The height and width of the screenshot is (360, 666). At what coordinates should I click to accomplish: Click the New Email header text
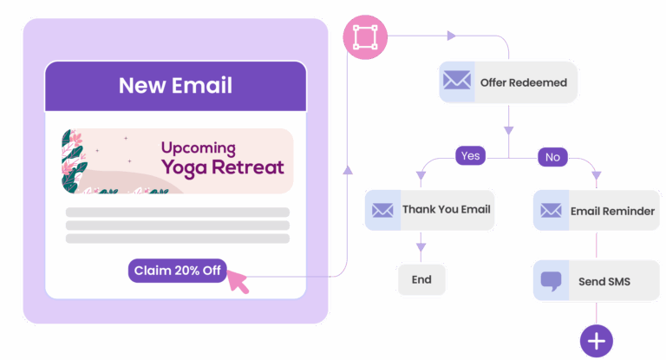coord(175,86)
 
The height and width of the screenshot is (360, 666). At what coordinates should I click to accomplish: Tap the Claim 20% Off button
coord(178,271)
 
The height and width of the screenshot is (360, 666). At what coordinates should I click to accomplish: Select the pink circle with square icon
coord(365,37)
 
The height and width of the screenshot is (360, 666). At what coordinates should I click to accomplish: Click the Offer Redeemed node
coord(507,82)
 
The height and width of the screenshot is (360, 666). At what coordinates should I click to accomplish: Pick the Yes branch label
coord(470,156)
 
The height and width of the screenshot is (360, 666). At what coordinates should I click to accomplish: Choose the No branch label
coord(552,157)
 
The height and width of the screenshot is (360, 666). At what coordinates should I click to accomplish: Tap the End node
coord(421,279)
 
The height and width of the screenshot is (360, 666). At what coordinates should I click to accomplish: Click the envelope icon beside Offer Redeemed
coord(456,82)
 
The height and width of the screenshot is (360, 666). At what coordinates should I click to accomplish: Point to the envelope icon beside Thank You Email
coord(382,210)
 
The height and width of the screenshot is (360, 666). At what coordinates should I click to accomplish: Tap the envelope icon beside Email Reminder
coord(550,210)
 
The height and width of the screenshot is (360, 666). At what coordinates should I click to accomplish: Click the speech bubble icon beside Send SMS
coord(550,281)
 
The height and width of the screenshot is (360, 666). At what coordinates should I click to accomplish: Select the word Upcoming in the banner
coord(198,148)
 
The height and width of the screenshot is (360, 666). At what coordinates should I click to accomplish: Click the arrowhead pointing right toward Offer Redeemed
coord(450,36)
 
